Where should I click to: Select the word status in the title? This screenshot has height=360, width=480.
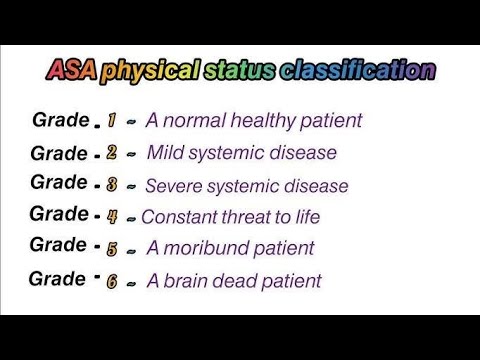tap(241, 71)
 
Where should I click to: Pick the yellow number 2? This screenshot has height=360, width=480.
tap(112, 154)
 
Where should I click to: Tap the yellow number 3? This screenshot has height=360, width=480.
tap(112, 185)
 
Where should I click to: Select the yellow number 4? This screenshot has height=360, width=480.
tap(112, 216)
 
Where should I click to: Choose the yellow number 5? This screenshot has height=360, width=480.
tap(112, 248)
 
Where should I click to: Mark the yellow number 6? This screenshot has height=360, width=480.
tap(112, 281)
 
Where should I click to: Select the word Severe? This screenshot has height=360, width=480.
tap(174, 186)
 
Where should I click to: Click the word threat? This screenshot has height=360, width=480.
tap(246, 216)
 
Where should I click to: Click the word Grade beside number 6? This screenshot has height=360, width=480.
tap(57, 278)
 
